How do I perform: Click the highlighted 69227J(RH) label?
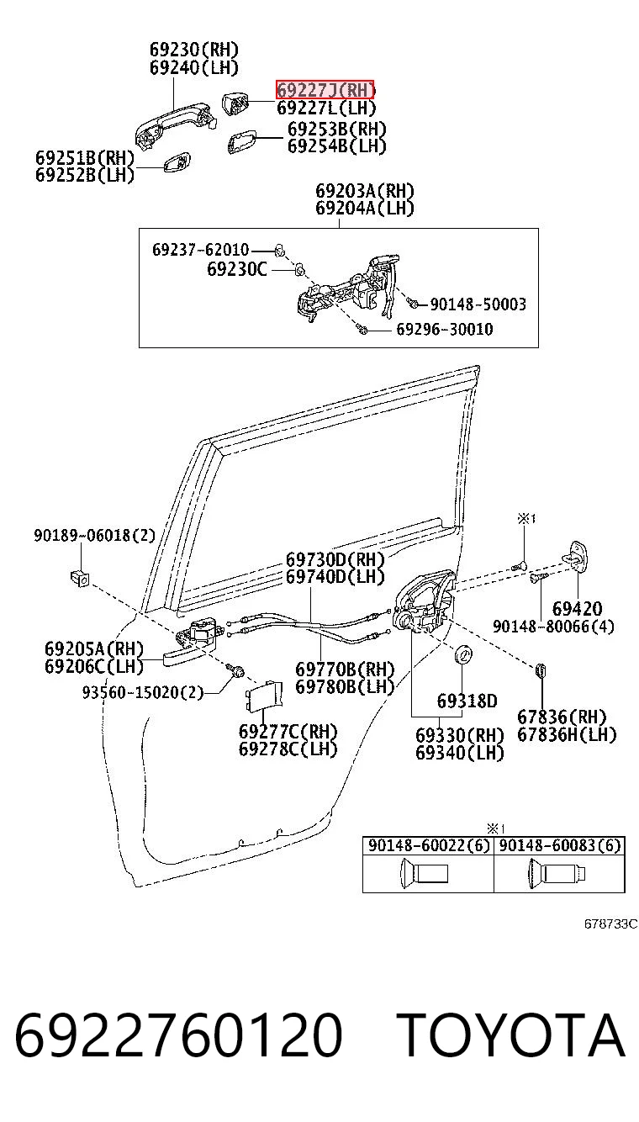coord(325,90)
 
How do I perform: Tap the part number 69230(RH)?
coord(194,50)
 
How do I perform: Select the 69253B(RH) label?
coord(337,129)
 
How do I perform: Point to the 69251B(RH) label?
coord(85,158)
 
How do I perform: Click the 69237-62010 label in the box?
coord(200,250)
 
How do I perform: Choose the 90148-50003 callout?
coord(478,304)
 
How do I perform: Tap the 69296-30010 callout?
coord(445,329)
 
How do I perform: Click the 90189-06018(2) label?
coord(95,535)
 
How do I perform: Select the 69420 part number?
coord(578,609)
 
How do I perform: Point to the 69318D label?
coord(467,701)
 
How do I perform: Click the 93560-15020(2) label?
coord(143,693)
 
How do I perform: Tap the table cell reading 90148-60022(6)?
coord(429,845)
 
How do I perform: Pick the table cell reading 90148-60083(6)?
coord(560,845)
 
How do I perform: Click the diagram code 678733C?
coord(611,924)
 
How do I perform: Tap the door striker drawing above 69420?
coord(575,557)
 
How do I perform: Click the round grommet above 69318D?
coord(463,654)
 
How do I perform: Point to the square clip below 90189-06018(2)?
coord(80,578)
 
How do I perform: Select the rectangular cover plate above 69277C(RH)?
coord(264,696)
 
